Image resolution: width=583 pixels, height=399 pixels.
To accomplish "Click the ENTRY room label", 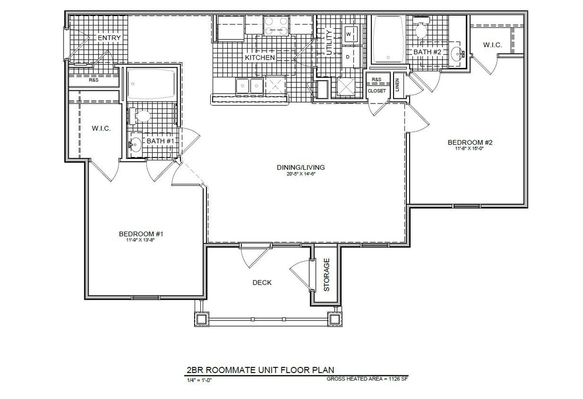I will [x=109, y=38].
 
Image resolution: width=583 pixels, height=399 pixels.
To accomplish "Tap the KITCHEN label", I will [x=260, y=58].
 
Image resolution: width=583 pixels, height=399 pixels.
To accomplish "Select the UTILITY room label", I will [x=330, y=43].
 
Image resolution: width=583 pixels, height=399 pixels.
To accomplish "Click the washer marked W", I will [x=349, y=35].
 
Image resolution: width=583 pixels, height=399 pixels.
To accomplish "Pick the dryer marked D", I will [x=348, y=57].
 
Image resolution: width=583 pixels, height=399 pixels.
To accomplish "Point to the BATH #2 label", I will [x=427, y=52].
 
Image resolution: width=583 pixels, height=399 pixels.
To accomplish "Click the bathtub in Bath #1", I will [x=151, y=84].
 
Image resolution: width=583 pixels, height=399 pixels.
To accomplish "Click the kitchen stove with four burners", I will [x=277, y=26].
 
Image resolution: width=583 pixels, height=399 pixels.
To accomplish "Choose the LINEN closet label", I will [x=397, y=85].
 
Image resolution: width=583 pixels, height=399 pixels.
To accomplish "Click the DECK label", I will [x=262, y=283].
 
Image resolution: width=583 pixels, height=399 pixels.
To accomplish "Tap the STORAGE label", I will [x=326, y=274].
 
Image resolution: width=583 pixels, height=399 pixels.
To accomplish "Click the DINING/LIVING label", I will [x=301, y=167].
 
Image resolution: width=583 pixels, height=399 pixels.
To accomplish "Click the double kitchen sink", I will [x=250, y=86].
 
